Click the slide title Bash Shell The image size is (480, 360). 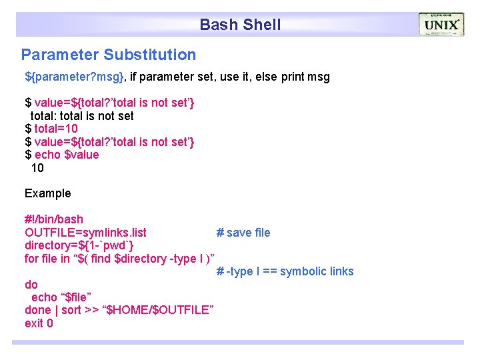[240, 25]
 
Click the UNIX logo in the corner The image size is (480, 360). [441, 25]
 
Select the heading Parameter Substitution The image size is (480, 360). [109, 55]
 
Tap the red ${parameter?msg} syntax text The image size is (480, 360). [74, 77]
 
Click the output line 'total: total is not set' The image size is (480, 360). [82, 116]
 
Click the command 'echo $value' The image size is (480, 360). [67, 155]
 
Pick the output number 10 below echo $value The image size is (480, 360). [37, 168]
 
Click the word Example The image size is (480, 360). [47, 193]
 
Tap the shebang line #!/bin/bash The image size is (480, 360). [54, 219]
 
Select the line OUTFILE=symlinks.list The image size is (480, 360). [85, 233]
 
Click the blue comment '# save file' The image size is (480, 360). [243, 233]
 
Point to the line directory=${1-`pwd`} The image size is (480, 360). [83, 245]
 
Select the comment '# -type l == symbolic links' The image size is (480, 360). [285, 271]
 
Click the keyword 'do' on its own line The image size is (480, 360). [31, 285]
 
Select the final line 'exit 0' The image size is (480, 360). [39, 323]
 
